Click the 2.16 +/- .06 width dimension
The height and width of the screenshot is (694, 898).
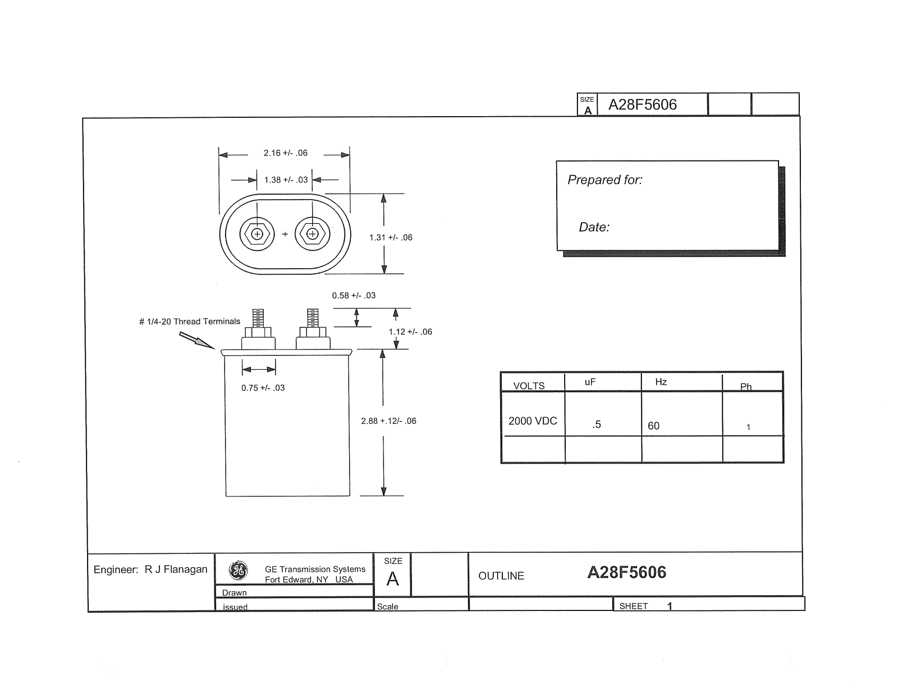(286, 153)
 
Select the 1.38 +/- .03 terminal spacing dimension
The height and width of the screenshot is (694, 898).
(286, 180)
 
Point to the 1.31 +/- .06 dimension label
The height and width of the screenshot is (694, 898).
(391, 237)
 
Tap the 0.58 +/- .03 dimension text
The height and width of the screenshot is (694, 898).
(354, 295)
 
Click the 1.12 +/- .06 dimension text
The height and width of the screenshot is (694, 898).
(410, 332)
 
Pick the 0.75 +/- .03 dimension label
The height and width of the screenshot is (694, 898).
(263, 388)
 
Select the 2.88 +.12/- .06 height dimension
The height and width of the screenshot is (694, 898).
(388, 421)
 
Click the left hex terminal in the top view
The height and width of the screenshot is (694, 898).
(257, 234)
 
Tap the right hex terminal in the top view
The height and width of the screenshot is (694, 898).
(313, 234)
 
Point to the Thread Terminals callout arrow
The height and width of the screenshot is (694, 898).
(196, 341)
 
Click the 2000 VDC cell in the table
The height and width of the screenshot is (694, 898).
(533, 421)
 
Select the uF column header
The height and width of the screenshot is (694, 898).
(590, 382)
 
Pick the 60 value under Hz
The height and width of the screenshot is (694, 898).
(653, 426)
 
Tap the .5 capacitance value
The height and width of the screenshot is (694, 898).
(596, 425)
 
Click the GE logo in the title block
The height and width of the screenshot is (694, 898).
(239, 570)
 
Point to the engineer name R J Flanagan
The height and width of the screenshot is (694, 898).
(176, 569)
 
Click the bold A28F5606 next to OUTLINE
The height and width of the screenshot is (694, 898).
(626, 572)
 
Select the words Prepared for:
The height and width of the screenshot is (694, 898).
(604, 180)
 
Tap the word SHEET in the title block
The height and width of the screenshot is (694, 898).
(634, 606)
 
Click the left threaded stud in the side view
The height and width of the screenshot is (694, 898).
(258, 318)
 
